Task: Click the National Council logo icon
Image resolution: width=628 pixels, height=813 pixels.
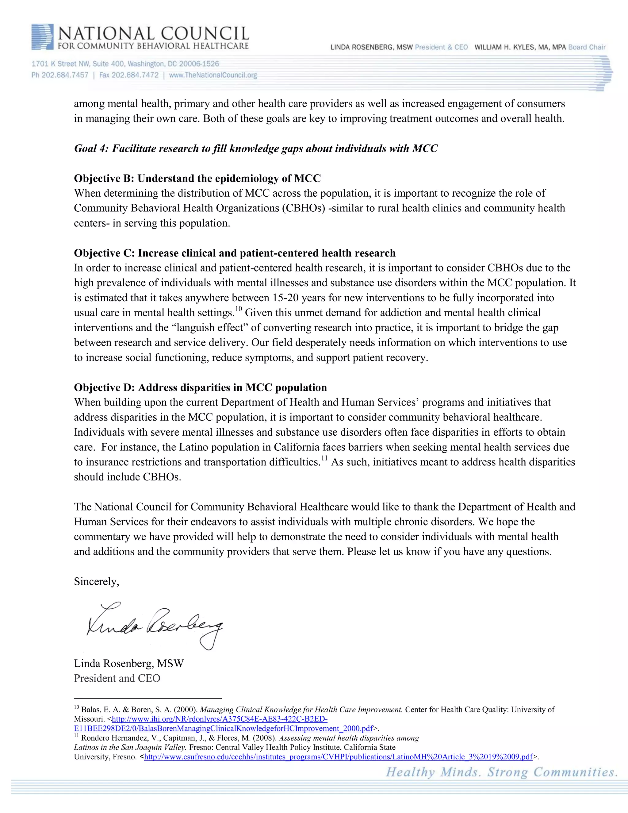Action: click(42, 37)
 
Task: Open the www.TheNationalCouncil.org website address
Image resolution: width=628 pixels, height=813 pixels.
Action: click(213, 75)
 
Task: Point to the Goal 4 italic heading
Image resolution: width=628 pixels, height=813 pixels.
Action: click(256, 148)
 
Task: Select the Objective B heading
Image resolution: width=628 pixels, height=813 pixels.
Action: click(197, 178)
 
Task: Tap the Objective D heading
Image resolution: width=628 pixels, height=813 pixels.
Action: click(200, 387)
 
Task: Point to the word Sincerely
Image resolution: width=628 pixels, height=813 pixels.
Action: click(96, 581)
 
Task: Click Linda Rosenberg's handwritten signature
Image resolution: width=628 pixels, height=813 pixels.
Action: click(155, 625)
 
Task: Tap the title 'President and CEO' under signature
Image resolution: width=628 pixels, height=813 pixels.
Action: click(117, 678)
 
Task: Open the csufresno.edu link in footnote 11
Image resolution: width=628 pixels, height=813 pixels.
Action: click(338, 757)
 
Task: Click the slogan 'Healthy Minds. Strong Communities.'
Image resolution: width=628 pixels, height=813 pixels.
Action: click(501, 773)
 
